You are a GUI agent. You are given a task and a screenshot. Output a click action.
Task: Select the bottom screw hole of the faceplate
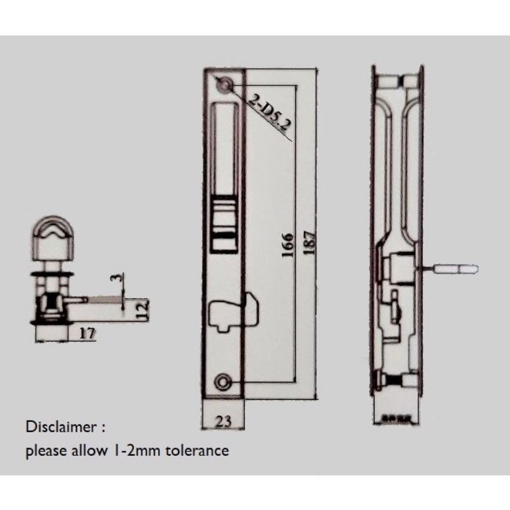pos(222,381)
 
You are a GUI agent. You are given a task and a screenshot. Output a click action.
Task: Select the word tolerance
pos(197,451)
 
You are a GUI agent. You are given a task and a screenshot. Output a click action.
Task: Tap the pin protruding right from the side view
pos(454,268)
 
